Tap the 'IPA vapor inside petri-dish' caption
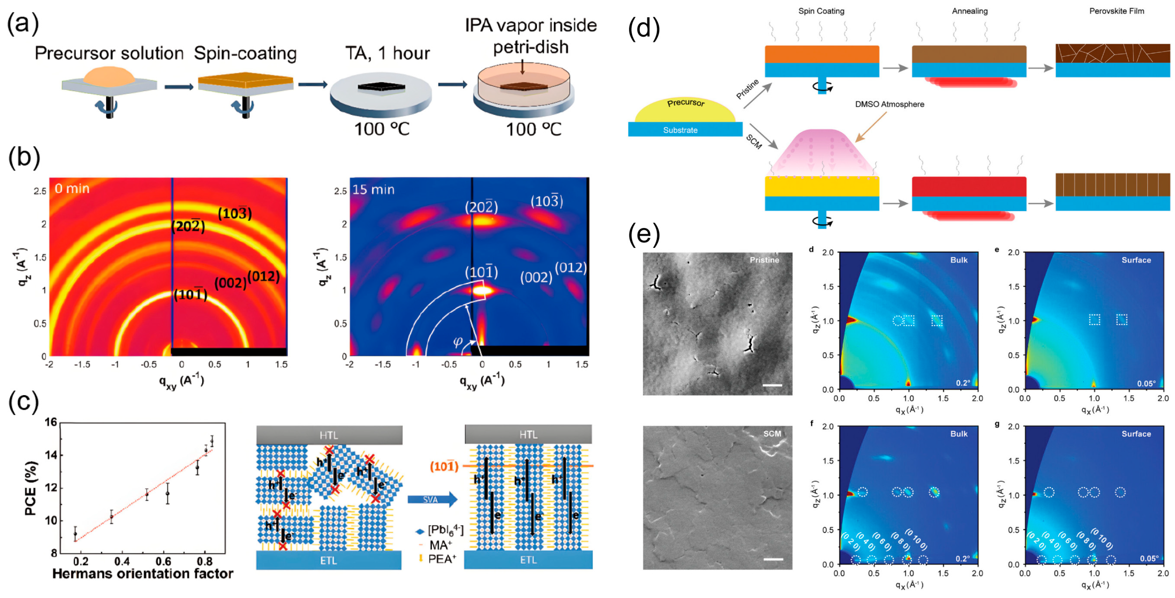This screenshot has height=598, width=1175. (531, 36)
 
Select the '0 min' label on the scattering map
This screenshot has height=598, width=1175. (72, 189)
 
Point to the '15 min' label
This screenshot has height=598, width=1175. (373, 189)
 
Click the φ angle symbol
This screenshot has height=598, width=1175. (458, 341)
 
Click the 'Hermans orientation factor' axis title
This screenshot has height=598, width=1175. (142, 574)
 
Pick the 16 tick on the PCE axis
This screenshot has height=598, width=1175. (51, 422)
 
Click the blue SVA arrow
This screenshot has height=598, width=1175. (431, 499)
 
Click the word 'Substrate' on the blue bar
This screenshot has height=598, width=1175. (680, 130)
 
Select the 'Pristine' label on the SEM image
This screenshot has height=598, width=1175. (764, 260)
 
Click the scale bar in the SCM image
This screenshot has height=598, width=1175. (773, 559)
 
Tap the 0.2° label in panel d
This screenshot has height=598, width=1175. (963, 383)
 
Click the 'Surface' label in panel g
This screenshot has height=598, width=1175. (1136, 434)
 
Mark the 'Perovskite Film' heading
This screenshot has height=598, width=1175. (1116, 11)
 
